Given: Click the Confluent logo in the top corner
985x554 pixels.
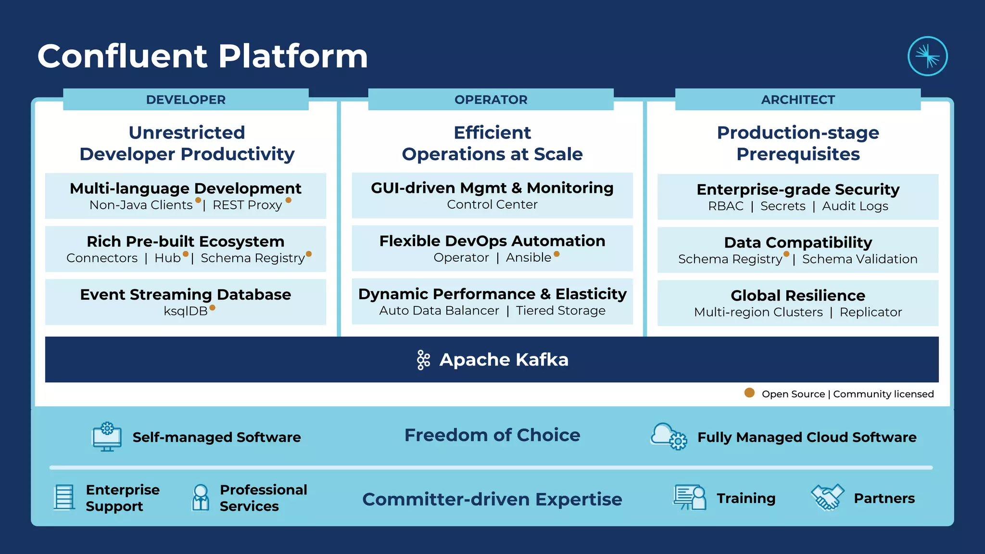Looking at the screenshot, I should (927, 56).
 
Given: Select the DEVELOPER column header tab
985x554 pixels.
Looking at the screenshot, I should (186, 100).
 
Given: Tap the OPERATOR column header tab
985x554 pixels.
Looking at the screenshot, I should (491, 100).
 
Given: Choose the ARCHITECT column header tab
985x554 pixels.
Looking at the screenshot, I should (797, 100).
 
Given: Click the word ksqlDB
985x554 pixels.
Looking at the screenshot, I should (186, 311).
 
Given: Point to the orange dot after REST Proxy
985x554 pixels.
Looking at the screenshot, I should (289, 200).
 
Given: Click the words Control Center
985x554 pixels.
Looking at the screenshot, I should (492, 204).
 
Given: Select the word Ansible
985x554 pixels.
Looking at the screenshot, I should (528, 258).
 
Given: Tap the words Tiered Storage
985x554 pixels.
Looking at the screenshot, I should (560, 311).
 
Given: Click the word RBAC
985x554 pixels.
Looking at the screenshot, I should (725, 206).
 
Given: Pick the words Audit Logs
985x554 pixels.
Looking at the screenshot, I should (855, 206).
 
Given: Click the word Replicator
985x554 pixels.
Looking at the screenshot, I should (871, 312).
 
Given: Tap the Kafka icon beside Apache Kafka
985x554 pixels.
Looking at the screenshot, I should (423, 360).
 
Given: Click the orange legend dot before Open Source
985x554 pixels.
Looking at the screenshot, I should (749, 393).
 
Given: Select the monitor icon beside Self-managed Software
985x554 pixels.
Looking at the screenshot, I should (107, 437).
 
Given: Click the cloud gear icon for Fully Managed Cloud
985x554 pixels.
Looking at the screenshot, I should (669, 436).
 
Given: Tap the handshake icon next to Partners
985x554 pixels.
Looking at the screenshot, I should (827, 497).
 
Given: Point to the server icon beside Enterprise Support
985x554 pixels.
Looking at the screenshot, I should (64, 497).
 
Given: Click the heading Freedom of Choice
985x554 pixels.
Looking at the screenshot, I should (492, 435).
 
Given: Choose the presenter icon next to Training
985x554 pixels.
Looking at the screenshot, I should (689, 497).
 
